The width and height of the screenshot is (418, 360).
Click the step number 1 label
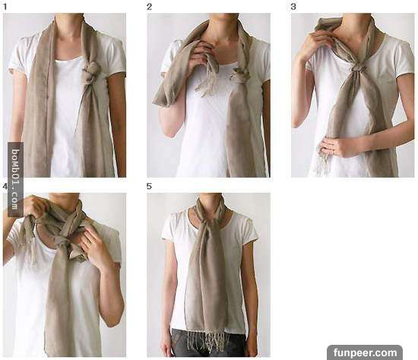[5, 6]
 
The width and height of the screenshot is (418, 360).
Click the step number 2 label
[149, 6]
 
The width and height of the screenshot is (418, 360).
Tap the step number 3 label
[293, 6]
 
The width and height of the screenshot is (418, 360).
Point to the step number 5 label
[149, 186]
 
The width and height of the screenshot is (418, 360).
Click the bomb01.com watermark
[15, 179]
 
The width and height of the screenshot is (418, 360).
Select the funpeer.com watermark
[366, 352]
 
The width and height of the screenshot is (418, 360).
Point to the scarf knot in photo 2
[240, 74]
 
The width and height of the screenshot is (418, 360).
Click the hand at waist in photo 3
[337, 147]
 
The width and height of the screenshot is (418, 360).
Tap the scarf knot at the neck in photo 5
[207, 222]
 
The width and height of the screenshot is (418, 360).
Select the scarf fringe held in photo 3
[323, 160]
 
